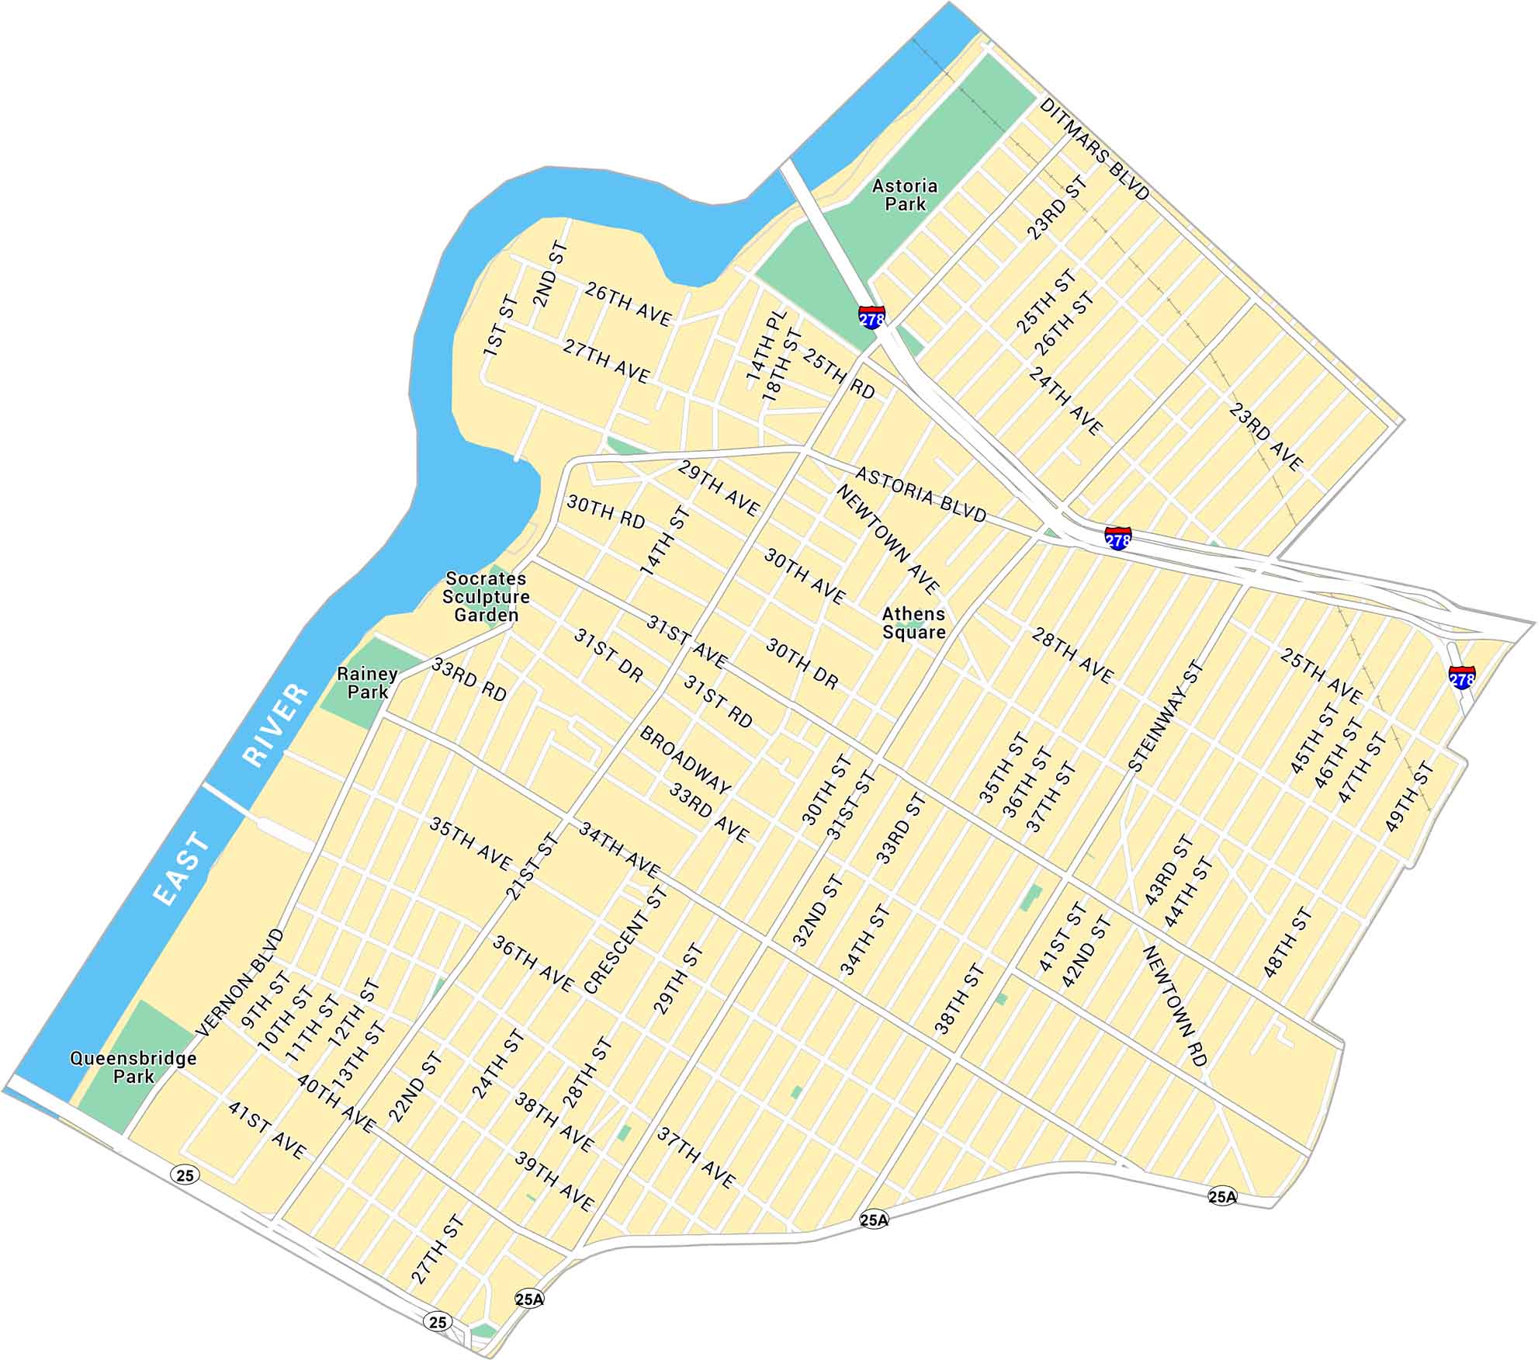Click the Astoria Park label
pos(904,195)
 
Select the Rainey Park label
pos(367,682)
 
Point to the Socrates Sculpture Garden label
pos(486,596)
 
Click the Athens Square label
pos(913,623)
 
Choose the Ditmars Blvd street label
pos(1093,149)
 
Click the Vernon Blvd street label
pos(241,982)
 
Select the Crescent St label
pos(625,940)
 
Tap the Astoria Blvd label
pos(920,494)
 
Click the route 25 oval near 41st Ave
pos(185,1175)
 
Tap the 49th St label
pos(1409,797)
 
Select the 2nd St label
pos(550,274)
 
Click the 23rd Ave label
pos(1265,437)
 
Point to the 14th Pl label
pos(767,346)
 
